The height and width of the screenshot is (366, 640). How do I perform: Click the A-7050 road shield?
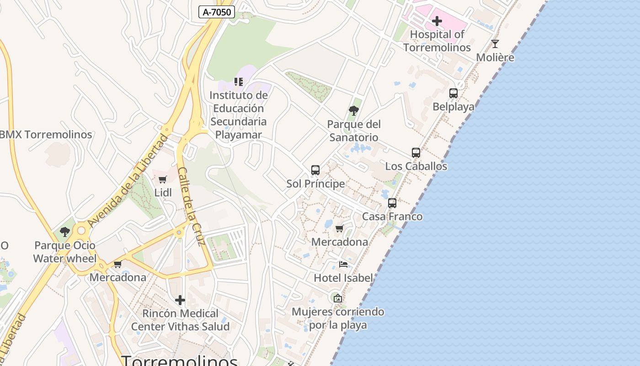point(217,12)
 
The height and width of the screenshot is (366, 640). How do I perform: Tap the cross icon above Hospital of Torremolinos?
point(437,21)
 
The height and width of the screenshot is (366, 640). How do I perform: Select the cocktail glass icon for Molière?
point(495,44)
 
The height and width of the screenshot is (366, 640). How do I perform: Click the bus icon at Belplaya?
point(453,93)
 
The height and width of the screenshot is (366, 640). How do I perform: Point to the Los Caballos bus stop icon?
point(416,152)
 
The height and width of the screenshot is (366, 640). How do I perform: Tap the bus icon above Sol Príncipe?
point(315,170)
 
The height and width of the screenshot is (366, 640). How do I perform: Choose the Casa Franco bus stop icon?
point(392,203)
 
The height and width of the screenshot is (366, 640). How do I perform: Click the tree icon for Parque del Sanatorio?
point(353,110)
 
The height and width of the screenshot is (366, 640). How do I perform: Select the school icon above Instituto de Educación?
point(239,82)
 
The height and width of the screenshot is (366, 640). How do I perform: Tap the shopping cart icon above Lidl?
point(163,179)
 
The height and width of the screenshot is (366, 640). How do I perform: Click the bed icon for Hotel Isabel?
point(343,264)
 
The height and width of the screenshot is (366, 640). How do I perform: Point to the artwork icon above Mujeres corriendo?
point(338,298)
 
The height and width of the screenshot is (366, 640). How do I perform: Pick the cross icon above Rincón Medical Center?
point(180,300)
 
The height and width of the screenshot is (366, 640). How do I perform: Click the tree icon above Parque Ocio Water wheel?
point(65,231)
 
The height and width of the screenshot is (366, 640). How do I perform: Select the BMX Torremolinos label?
point(46,135)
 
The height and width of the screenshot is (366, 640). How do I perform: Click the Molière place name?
point(495,58)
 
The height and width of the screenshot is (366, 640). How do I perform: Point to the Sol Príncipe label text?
point(315,184)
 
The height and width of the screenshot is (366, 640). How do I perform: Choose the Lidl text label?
point(163,193)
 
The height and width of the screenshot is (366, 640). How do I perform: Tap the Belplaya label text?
point(453,107)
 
